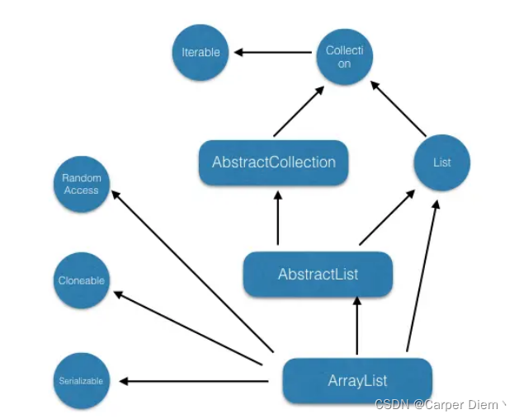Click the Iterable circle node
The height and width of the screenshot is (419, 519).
click(201, 52)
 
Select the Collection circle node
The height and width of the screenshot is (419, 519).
click(345, 56)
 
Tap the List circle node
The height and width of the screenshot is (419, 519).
click(442, 162)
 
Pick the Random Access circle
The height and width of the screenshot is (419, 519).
click(81, 184)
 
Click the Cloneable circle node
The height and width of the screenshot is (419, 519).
click(81, 280)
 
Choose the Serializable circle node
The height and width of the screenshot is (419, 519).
click(81, 381)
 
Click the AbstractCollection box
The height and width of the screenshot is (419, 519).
click(274, 162)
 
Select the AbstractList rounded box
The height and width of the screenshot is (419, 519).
click(318, 274)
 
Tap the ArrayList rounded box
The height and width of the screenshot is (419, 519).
click(357, 380)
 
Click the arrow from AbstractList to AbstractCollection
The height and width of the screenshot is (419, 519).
click(278, 219)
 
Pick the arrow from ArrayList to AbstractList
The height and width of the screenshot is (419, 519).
click(356, 327)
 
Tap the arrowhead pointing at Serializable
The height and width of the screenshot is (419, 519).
click(124, 381)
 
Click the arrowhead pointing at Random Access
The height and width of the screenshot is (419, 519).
click(116, 194)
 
